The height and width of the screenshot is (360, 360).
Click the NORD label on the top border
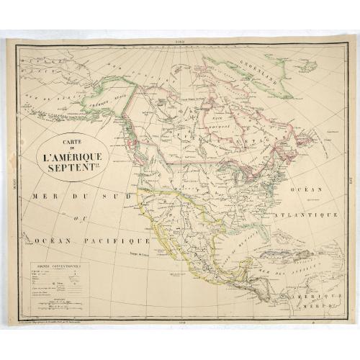pyautogui.click(x=179, y=40)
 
